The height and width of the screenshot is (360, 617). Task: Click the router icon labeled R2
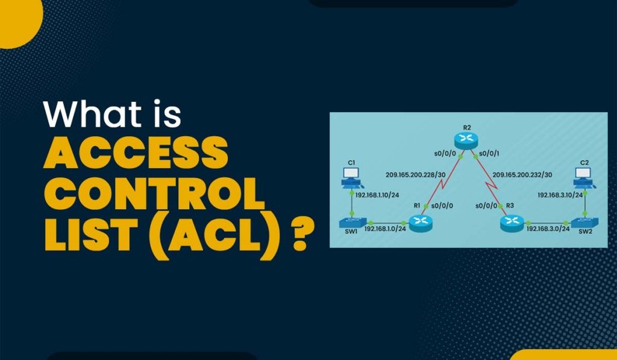(466, 140)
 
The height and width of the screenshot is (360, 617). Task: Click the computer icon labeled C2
(583, 175)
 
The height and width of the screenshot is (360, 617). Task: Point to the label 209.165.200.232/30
(522, 175)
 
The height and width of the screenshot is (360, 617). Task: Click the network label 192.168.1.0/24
(385, 229)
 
